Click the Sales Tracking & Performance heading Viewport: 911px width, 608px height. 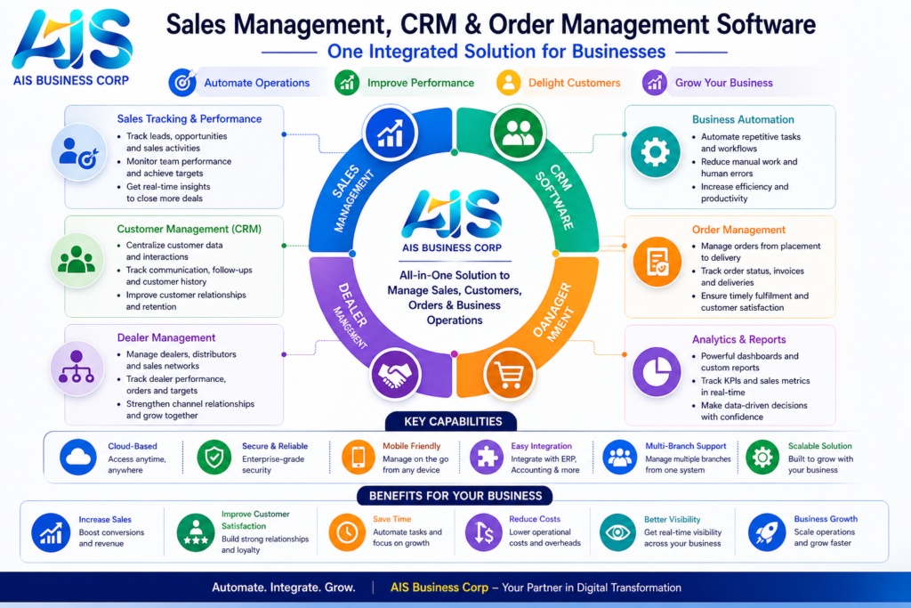point(189,118)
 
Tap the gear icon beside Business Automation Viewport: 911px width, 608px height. point(655,152)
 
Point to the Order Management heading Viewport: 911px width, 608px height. point(738,230)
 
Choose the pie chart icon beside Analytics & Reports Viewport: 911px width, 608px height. point(656,372)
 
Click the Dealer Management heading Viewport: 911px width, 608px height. point(166,337)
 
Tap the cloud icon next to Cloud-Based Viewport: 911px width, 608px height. point(77,458)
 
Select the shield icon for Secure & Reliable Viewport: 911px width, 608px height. point(214,458)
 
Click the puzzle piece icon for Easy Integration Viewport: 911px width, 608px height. point(487,458)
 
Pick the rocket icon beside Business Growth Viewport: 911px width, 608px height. point(766,531)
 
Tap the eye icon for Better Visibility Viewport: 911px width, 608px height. point(617,531)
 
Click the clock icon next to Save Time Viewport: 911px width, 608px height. point(346,532)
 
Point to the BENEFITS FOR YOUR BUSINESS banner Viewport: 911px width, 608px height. point(455,496)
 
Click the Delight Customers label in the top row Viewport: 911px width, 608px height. point(574,83)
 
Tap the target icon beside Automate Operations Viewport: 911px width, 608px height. point(181,83)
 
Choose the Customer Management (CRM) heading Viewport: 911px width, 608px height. point(189,229)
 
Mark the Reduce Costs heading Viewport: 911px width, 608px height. point(536,519)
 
